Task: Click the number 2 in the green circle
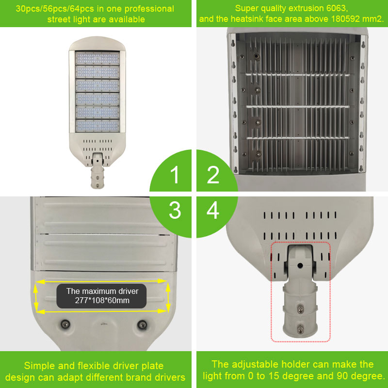click(213, 175)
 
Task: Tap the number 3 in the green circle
click(175, 210)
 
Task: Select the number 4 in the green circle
click(213, 210)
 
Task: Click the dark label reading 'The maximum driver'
click(101, 296)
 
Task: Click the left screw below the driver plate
click(65, 324)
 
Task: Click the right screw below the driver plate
click(142, 324)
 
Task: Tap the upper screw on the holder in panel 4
click(300, 308)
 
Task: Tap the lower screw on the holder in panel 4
click(300, 329)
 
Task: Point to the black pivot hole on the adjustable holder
click(300, 266)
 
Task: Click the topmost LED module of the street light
click(97, 58)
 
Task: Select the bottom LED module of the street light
click(97, 126)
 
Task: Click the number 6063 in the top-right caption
click(336, 8)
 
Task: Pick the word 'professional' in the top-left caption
click(149, 9)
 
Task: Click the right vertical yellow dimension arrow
click(168, 297)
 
